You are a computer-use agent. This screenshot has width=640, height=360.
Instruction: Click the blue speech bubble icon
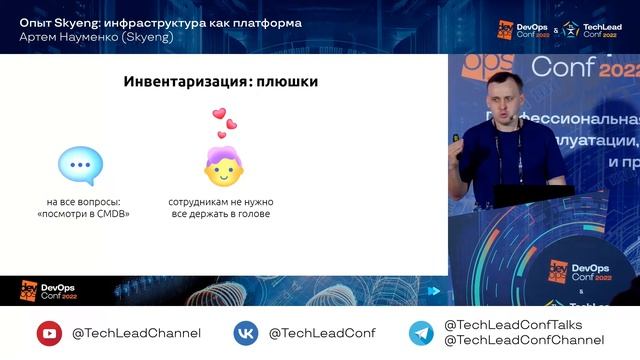(x=80, y=165)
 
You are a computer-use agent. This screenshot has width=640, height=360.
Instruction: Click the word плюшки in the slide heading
(x=287, y=82)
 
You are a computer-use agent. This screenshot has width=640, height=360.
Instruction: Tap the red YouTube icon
(x=49, y=333)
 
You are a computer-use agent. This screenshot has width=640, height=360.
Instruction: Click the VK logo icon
(x=246, y=333)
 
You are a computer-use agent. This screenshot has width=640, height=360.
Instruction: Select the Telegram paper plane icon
(x=421, y=333)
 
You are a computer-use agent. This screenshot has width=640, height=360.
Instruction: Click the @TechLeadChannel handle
(x=136, y=333)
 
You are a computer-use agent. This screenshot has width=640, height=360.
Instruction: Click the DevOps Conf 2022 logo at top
(x=523, y=29)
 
